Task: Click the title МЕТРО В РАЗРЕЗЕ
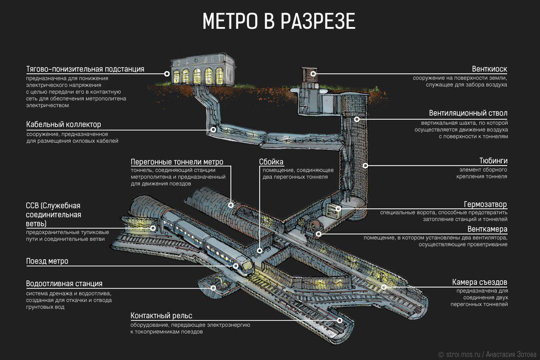(279, 22)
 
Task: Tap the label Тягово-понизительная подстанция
(85, 69)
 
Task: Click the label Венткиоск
(490, 69)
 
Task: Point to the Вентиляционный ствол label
(468, 113)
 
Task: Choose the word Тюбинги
(493, 161)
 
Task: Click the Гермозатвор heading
(486, 204)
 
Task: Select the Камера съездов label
(480, 283)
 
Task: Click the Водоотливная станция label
(64, 284)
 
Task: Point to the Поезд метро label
(47, 261)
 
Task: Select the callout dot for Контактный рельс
(340, 320)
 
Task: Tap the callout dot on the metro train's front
(236, 266)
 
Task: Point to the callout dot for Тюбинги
(365, 165)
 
